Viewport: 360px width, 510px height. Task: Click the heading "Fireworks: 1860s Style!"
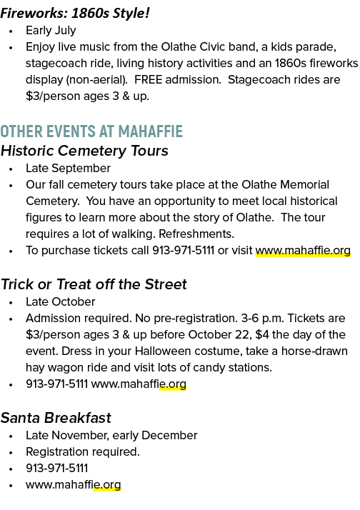coord(75,14)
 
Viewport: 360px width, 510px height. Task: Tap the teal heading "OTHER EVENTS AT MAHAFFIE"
coord(91,131)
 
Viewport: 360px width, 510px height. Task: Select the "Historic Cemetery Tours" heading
coord(84,151)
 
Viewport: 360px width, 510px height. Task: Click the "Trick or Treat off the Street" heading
coord(94,284)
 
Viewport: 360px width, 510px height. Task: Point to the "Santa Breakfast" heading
coord(56,418)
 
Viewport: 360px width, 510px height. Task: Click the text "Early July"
coord(51,31)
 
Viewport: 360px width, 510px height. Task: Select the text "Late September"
coord(69,169)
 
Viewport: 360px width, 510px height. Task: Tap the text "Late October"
coord(61,302)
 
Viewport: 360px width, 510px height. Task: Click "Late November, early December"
coord(111,436)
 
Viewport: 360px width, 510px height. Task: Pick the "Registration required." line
coord(83,451)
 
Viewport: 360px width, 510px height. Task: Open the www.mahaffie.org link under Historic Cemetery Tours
coord(303,251)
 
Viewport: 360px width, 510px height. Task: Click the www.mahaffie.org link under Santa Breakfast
coord(74,484)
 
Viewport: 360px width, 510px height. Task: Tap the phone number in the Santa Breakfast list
coord(57,469)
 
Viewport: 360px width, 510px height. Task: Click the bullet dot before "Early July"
coord(11,31)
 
